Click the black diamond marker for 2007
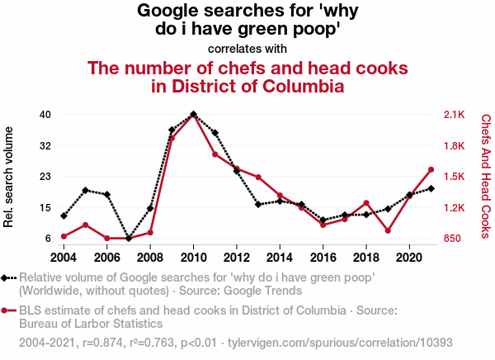coord(129,239)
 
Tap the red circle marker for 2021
coord(431,170)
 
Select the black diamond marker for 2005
coord(86,190)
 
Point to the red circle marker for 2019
coord(388,231)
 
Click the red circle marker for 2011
coord(215,154)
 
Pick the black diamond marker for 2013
coord(258,204)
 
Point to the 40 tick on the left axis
coord(45,114)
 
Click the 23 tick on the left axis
coord(45,177)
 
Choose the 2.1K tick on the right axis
coord(455,114)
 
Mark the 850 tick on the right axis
coord(455,239)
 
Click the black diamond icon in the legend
coord(7,277)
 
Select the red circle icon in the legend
coord(7,310)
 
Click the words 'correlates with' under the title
coord(247,47)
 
